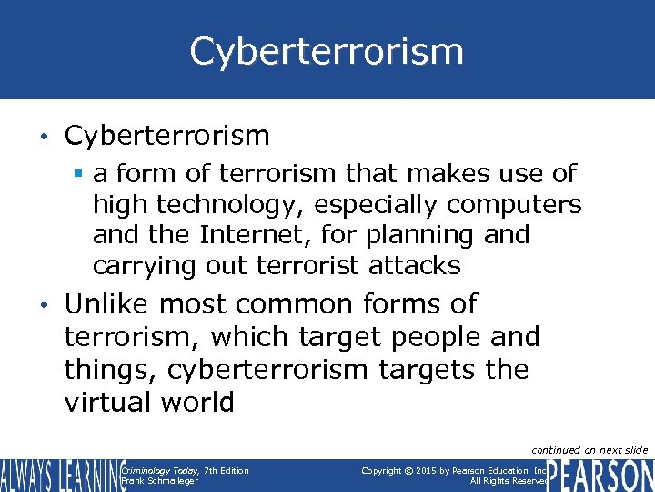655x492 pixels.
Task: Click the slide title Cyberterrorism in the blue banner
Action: coord(327,51)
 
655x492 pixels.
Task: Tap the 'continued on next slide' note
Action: coord(589,450)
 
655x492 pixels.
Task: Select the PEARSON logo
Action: coord(600,476)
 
